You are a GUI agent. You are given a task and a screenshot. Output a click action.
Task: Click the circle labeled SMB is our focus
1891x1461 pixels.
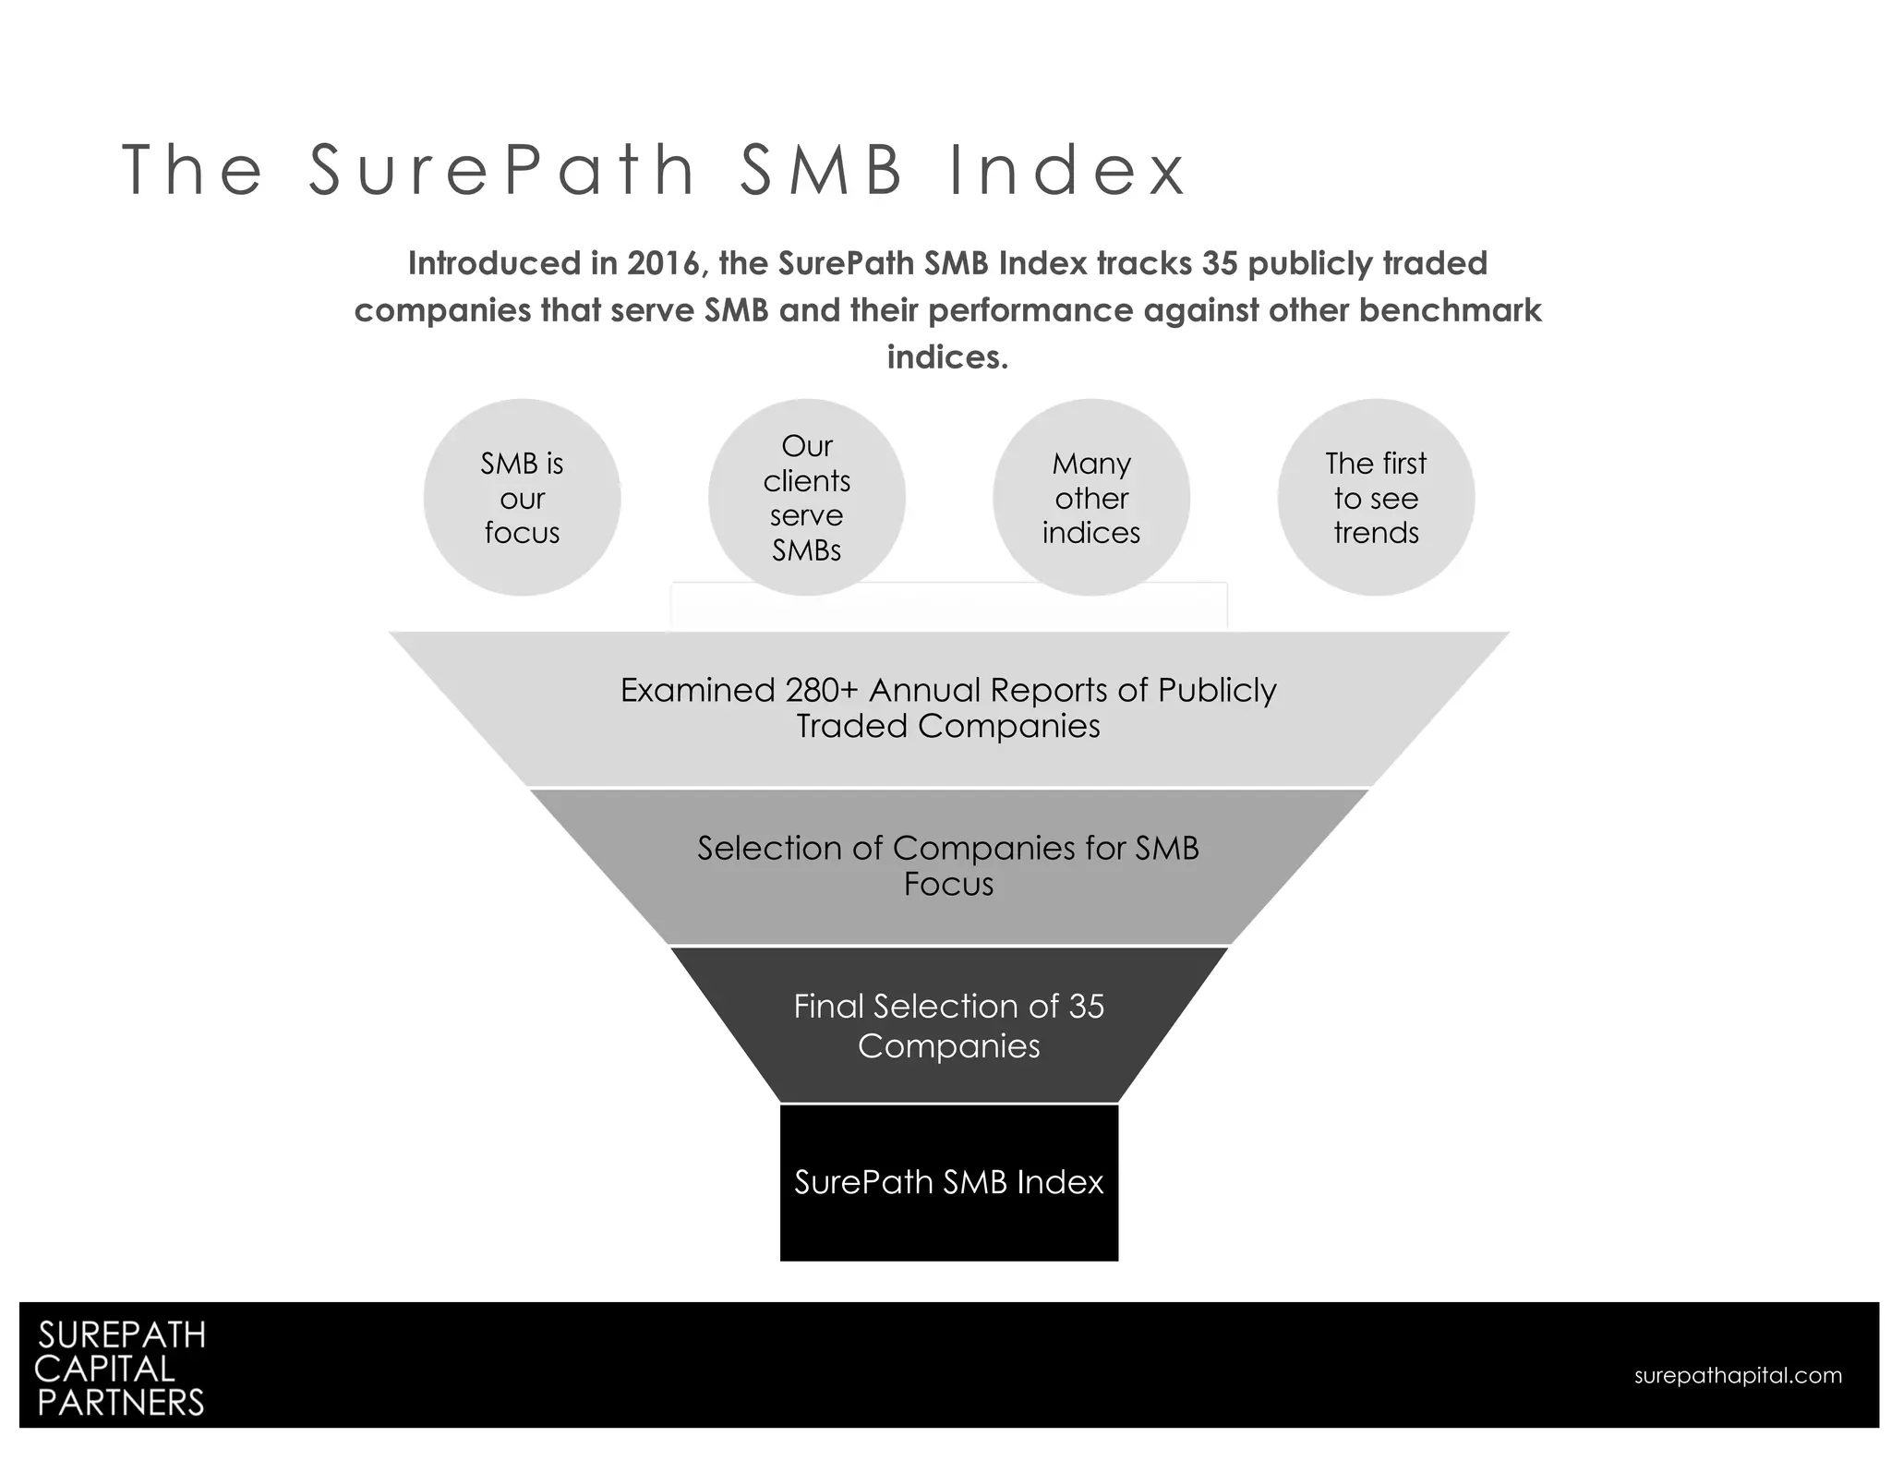coord(522,498)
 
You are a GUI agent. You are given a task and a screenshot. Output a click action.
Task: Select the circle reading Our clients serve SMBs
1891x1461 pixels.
coord(806,498)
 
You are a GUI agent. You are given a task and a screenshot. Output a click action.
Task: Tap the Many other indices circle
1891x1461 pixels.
coord(1090,498)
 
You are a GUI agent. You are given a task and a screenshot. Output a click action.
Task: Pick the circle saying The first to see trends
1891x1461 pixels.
coord(1376,498)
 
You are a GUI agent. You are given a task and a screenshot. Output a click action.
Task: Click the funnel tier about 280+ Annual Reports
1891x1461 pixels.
coord(948,708)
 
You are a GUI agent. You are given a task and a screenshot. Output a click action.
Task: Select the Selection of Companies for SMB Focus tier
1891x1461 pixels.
coord(948,866)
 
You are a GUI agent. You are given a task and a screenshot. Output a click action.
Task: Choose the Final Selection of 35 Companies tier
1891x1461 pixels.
coord(948,1025)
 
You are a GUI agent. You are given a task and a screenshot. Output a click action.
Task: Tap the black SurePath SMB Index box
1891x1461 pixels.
coord(948,1182)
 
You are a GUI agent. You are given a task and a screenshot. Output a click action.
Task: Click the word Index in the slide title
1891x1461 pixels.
coord(1067,171)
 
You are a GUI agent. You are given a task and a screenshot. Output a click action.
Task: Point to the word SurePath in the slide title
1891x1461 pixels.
coord(502,171)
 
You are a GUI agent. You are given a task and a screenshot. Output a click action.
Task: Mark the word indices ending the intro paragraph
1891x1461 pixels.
coord(947,357)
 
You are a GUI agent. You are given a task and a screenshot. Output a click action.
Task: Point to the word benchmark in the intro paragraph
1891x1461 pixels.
coord(1450,310)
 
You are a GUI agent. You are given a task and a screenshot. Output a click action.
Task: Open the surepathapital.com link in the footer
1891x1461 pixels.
coord(1738,1375)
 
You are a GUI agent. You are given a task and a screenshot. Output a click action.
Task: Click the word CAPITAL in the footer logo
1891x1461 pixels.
coord(104,1369)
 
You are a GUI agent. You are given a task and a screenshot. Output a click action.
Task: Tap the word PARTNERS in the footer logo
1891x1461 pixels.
coord(120,1403)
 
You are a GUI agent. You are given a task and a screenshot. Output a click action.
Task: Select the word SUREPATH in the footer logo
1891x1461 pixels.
coord(121,1335)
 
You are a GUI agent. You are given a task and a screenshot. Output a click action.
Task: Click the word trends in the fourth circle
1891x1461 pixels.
coord(1376,533)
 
